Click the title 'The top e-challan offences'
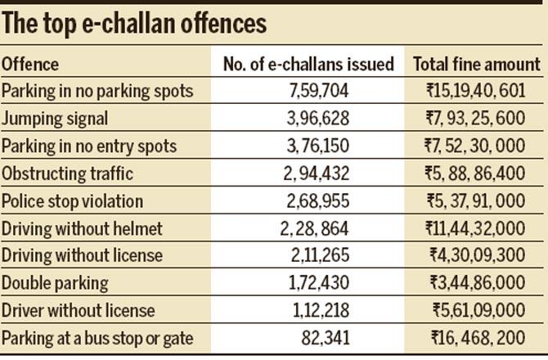coord(134,23)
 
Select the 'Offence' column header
coord(30,64)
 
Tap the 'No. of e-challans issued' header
coord(308,64)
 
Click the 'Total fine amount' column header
coord(477,64)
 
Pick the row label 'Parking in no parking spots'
coord(97,91)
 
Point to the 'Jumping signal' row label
coord(55,119)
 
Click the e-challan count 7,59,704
coord(309,91)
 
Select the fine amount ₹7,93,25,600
coord(477,119)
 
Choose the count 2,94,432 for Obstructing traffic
coord(309,173)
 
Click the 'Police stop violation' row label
coord(73,201)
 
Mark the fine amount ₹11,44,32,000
coord(477,229)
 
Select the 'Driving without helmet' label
coord(82,229)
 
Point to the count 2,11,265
coord(309,256)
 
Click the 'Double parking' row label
coord(55,284)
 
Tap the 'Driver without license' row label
coord(79,312)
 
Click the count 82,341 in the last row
coord(309,339)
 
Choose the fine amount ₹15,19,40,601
coord(477,91)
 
